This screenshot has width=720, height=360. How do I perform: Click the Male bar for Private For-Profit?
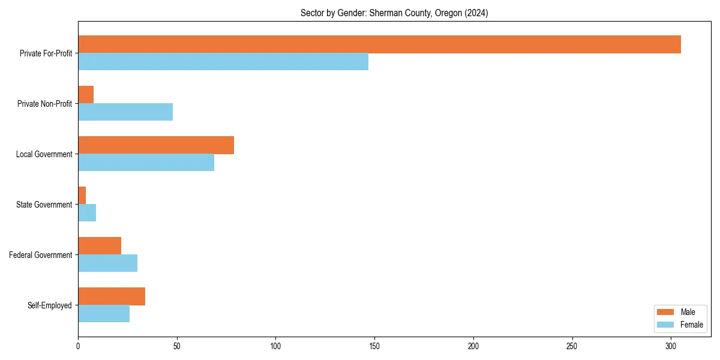pos(379,44)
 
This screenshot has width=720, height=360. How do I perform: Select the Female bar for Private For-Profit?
pos(223,62)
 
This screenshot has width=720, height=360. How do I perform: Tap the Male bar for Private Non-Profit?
pos(86,95)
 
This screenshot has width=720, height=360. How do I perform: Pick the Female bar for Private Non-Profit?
pos(125,112)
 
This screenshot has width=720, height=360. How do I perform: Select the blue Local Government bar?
pos(146,163)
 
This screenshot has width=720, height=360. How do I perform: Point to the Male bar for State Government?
pos(82,196)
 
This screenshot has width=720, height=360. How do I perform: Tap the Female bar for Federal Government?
pos(108,263)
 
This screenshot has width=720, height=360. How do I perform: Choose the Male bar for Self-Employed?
pos(112,296)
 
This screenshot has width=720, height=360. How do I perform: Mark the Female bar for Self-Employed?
pos(104,314)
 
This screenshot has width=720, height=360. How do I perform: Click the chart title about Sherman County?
pos(394,13)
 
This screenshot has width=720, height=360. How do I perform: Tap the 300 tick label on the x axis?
pos(671,346)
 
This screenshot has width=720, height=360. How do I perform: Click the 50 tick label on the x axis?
pos(177,346)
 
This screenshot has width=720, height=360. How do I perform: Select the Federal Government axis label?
pos(41,255)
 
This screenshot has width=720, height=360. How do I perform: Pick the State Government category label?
pos(44,205)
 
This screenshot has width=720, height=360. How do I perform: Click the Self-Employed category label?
pos(50,305)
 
